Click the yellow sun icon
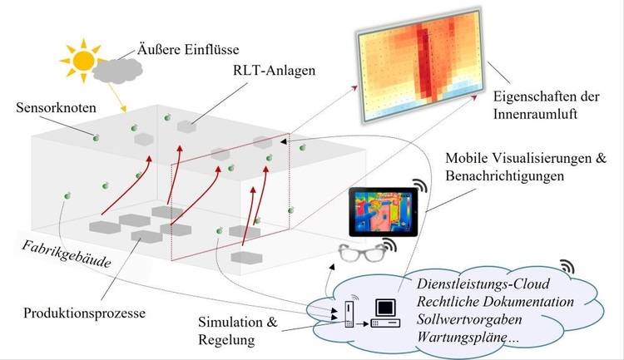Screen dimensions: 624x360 pos(83,61)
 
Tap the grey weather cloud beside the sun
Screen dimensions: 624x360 pos(117,72)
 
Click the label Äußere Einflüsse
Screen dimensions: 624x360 pos(188,49)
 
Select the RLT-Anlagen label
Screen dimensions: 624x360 pos(275,71)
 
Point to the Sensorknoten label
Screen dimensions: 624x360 pos(56,107)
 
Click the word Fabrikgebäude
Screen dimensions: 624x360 pos(66,254)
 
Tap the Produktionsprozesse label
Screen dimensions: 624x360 pos(84,313)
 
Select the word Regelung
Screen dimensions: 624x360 pos(226,340)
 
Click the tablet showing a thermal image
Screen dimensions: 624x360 pos(384,212)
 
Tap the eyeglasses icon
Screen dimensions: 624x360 pos(363,253)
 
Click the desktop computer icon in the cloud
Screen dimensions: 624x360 pos(385,313)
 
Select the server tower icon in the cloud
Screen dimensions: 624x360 pos(349,314)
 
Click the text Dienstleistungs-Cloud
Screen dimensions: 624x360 pos(483,284)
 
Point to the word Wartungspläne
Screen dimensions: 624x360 pos(462,338)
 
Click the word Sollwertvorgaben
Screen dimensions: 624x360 pos(469,319)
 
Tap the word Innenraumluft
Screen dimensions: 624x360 pos(535,114)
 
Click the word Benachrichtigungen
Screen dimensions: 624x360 pos(505,175)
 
